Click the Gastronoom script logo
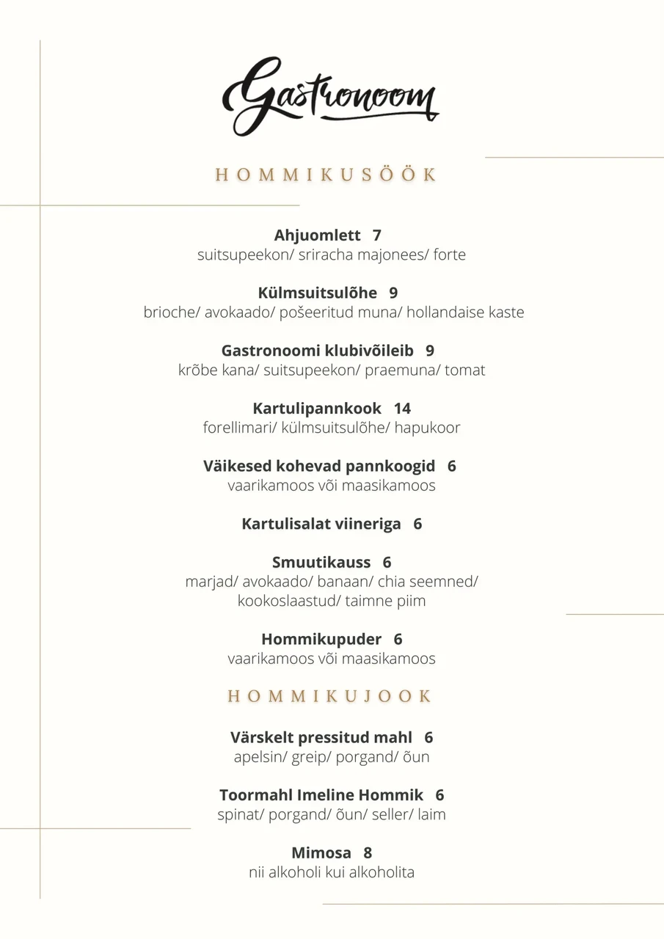(330, 95)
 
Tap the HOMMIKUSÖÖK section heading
(326, 175)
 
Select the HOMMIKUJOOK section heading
(329, 696)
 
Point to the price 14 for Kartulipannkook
(402, 409)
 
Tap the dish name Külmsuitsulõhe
(318, 293)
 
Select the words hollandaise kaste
(465, 313)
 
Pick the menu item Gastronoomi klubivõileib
(318, 351)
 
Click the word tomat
(465, 370)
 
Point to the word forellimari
(240, 428)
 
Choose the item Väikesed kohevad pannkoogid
(319, 467)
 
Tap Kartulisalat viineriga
(321, 524)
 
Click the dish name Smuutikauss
(321, 563)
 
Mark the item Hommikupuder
(321, 640)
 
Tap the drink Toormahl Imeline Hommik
(321, 795)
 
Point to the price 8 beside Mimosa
(368, 853)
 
